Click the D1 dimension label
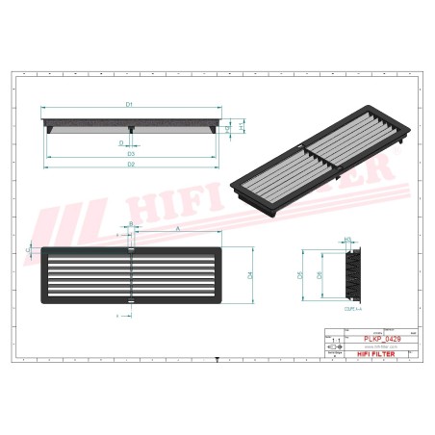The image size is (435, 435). [128, 102]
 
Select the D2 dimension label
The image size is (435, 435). [128, 166]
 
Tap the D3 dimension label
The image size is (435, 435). [128, 153]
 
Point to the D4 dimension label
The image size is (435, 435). [248, 275]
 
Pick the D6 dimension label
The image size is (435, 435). [320, 275]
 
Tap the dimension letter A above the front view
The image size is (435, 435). [179, 228]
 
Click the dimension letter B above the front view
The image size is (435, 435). [130, 223]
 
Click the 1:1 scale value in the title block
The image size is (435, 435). [335, 341]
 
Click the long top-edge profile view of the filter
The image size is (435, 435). [128, 124]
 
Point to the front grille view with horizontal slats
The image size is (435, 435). [132, 275]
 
